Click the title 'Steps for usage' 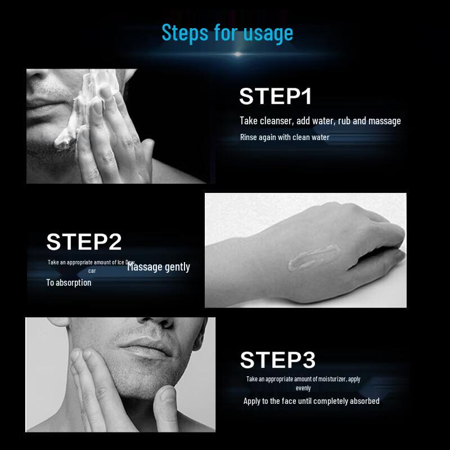pos(227,33)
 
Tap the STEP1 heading pos(275,96)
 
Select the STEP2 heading pos(84,241)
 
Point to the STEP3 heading pos(278,359)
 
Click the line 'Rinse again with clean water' pos(285,137)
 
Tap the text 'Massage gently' pos(159,267)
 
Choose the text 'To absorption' pos(69,282)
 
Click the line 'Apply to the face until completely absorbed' pos(311,401)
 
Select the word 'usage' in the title pos(268,33)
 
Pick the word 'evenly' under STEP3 pos(303,388)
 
